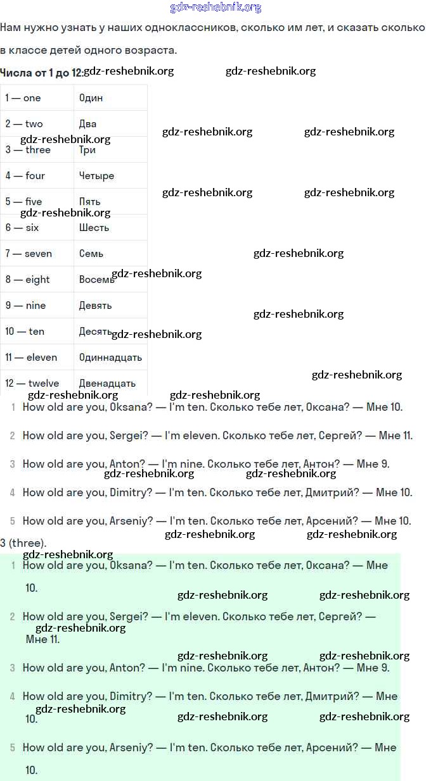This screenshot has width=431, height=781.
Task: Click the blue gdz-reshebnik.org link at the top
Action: (215, 8)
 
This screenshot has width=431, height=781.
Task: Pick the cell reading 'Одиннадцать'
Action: (110, 358)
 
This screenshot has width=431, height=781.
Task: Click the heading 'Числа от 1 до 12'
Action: (41, 73)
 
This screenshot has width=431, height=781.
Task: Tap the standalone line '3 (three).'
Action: (23, 543)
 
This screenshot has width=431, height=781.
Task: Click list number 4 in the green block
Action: (13, 697)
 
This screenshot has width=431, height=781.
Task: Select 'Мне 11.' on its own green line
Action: (42, 640)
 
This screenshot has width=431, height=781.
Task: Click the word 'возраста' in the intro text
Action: (152, 51)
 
